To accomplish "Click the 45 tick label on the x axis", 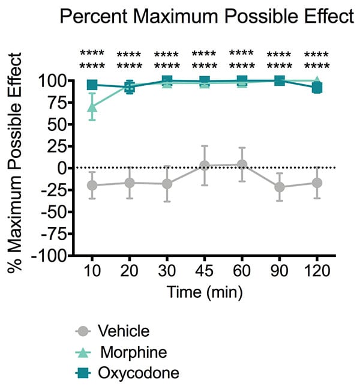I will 204,271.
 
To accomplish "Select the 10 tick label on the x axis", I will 92,271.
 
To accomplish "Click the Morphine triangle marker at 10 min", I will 92,107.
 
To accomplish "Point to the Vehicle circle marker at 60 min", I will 242,164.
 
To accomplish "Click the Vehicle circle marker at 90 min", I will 279,187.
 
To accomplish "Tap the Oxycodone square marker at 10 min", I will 92,85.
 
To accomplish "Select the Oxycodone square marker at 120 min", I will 317,88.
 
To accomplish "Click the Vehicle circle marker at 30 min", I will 167,184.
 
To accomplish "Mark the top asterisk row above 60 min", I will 242,53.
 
